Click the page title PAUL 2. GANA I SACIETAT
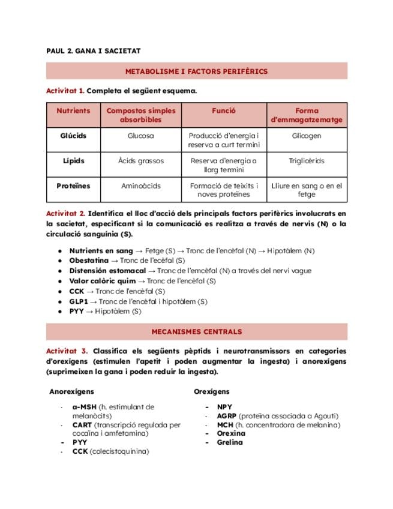tap(93, 51)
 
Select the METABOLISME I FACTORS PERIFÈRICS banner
tap(196, 71)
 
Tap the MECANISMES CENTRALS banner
tap(196, 331)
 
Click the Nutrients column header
tap(73, 111)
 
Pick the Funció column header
tap(223, 111)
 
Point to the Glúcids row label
tap(73, 136)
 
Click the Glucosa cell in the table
tap(140, 136)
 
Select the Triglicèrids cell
tap(307, 161)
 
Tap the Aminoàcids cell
tap(140, 186)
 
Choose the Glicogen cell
tap(307, 136)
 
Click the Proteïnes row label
tap(73, 186)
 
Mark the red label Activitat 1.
tap(65, 91)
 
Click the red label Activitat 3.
tap(67, 351)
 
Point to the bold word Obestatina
tap(89, 261)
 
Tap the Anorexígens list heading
tap(71, 391)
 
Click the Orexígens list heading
tap(211, 391)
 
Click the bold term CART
tap(82, 425)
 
